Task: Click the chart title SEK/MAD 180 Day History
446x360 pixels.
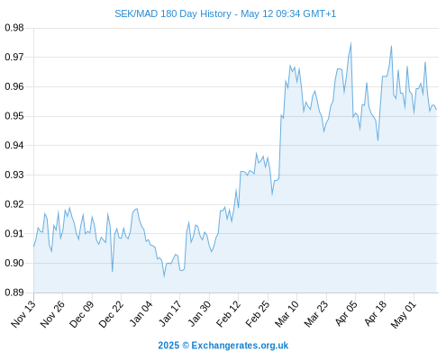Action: (x=173, y=13)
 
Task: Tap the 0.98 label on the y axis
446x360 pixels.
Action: (x=14, y=28)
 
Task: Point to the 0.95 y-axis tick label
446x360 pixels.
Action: (x=14, y=116)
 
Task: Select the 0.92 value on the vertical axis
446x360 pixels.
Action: (x=14, y=204)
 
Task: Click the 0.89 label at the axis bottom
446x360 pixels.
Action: (x=14, y=292)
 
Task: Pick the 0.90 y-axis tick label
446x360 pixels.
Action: (x=14, y=263)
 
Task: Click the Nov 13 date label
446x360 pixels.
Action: (x=23, y=314)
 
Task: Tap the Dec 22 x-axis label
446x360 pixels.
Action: (x=111, y=314)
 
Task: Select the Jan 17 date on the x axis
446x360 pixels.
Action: (x=169, y=314)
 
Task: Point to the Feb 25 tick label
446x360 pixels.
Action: (x=257, y=314)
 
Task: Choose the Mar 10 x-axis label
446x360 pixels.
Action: (x=287, y=314)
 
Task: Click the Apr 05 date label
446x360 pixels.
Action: (x=346, y=314)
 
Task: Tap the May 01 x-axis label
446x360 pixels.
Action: (x=404, y=314)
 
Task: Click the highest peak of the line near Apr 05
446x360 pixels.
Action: (x=350, y=43)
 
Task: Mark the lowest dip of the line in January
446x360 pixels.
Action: (x=164, y=276)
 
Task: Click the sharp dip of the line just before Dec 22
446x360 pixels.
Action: (x=113, y=271)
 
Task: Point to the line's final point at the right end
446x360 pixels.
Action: (x=436, y=110)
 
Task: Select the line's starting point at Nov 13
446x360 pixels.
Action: (x=33, y=247)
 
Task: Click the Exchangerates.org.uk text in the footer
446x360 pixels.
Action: (x=240, y=346)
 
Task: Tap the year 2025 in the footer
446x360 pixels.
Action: (x=168, y=346)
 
